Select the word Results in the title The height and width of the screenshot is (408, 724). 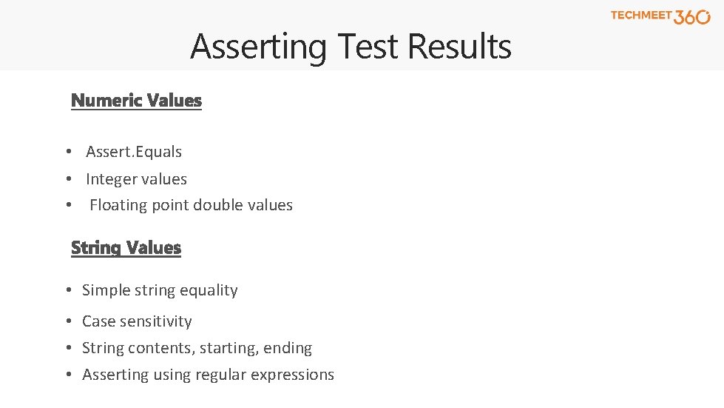pos(459,47)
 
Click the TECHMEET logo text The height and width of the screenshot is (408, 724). pos(640,15)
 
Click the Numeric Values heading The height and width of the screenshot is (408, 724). pos(136,100)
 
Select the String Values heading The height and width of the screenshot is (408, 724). pos(126,247)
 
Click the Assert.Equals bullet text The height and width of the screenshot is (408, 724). pos(134,152)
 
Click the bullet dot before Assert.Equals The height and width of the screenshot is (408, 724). pos(67,152)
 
